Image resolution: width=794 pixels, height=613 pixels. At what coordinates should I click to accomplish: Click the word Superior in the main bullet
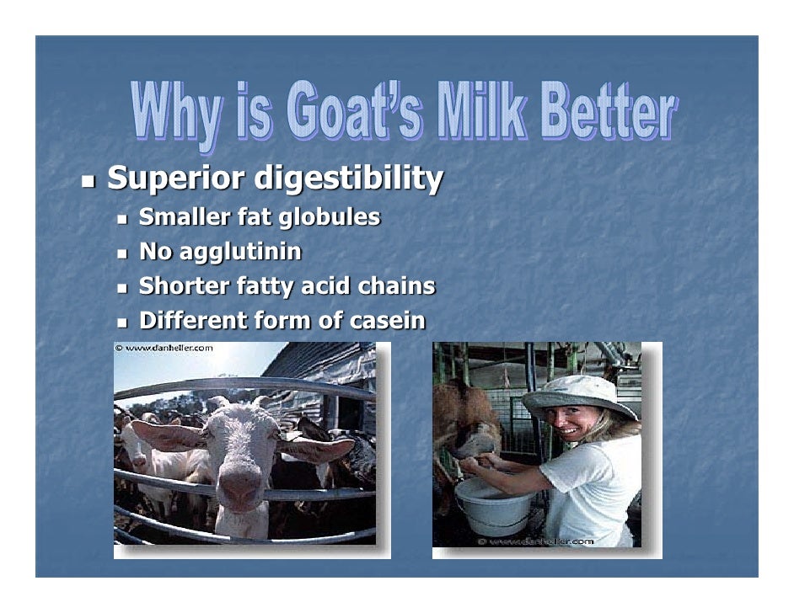coord(174,179)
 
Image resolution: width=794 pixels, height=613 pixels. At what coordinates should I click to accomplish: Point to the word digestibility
coord(348,179)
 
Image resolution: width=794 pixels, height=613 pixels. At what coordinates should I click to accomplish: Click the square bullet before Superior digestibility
coord(89,180)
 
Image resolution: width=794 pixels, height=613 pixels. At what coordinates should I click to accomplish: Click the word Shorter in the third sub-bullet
coord(184,286)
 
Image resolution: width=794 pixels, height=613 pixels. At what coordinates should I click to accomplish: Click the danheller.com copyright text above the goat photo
coord(164,347)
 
